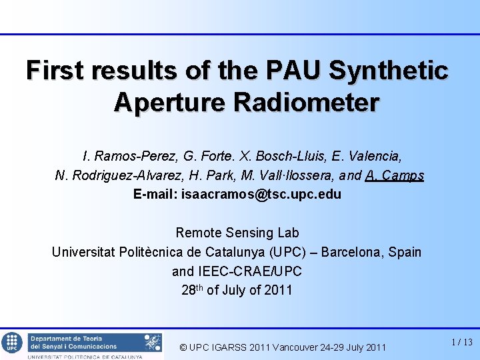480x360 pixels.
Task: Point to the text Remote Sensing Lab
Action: [237, 233]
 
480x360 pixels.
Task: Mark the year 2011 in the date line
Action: [277, 291]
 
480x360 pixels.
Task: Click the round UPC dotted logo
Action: [11, 343]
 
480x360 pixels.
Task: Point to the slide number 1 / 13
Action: [461, 342]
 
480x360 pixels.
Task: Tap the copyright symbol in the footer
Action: [184, 347]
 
